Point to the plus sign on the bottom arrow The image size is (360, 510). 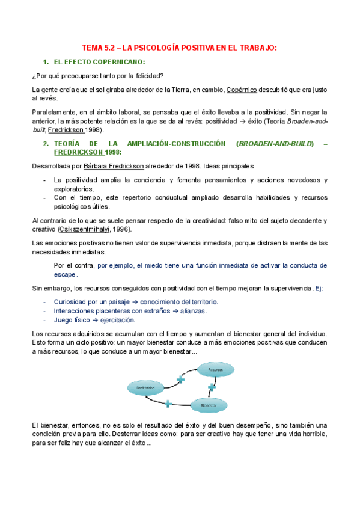click(168, 403)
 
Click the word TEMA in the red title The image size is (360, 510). click(93, 48)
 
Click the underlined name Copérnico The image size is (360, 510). click(242, 90)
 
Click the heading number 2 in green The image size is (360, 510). click(45, 144)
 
